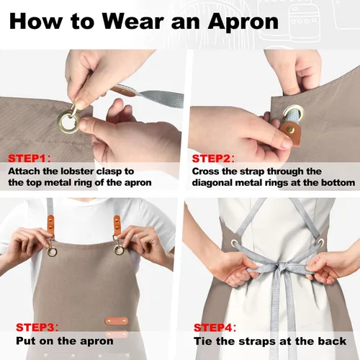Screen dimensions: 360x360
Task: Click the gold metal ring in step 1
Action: pos(68,121)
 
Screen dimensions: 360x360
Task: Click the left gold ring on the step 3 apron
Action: pos(52,251)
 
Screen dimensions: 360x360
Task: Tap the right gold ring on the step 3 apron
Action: pos(119,250)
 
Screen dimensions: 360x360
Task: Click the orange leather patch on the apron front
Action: pos(117,321)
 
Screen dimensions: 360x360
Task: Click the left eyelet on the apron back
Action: pos(235,243)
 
